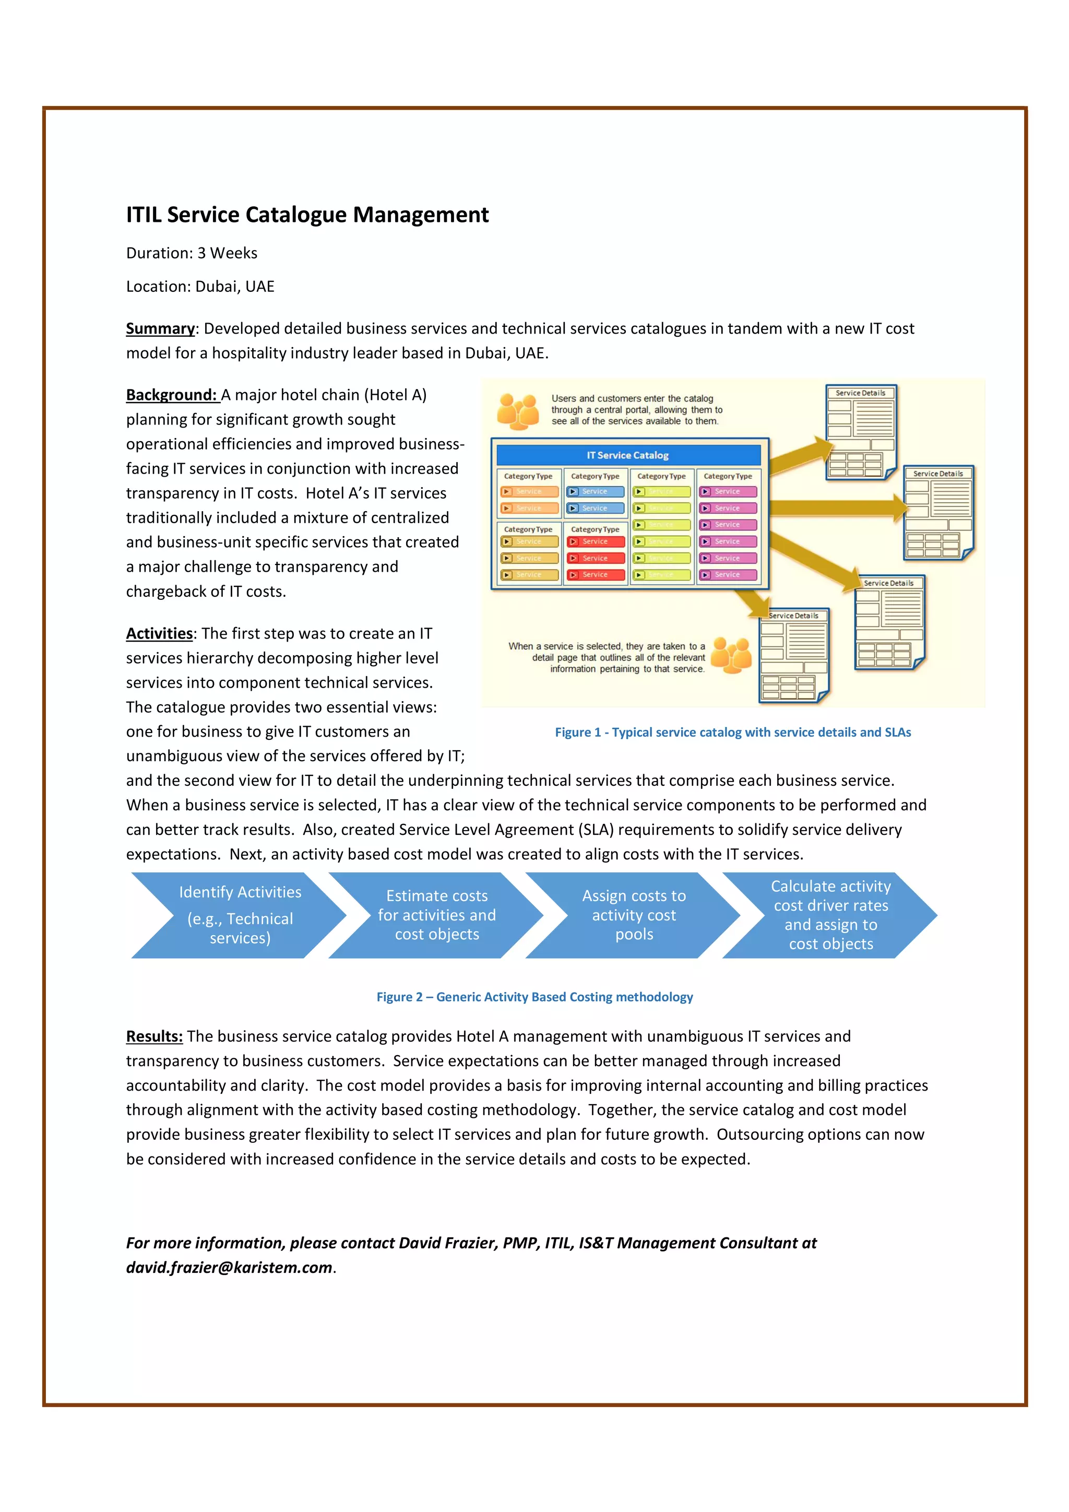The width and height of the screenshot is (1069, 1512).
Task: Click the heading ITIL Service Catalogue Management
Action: click(x=307, y=215)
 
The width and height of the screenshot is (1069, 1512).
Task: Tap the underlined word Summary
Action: click(x=160, y=328)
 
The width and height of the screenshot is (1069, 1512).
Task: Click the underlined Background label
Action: click(x=171, y=395)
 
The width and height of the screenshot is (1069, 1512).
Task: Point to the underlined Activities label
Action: click(x=159, y=633)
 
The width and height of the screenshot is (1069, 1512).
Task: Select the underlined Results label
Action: click(x=154, y=1036)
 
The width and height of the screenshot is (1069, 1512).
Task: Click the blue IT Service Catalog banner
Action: click(x=628, y=455)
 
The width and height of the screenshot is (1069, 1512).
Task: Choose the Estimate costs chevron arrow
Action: click(x=436, y=915)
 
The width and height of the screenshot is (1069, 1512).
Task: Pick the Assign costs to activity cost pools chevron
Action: click(x=633, y=915)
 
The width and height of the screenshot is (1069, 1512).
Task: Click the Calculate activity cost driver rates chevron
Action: click(x=830, y=915)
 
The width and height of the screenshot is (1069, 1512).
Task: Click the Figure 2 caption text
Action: click(x=534, y=997)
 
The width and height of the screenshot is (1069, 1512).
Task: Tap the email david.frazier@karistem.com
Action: click(x=229, y=1268)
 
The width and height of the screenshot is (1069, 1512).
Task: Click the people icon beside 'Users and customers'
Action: click(x=517, y=411)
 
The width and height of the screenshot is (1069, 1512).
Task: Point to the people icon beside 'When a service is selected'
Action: click(x=732, y=655)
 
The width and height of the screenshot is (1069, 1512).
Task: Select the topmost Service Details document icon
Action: click(x=860, y=432)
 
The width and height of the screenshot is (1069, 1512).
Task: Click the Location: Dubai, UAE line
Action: click(x=200, y=287)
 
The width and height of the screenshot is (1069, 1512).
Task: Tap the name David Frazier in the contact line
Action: click(x=448, y=1243)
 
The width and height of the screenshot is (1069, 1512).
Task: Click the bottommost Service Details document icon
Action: click(x=794, y=655)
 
